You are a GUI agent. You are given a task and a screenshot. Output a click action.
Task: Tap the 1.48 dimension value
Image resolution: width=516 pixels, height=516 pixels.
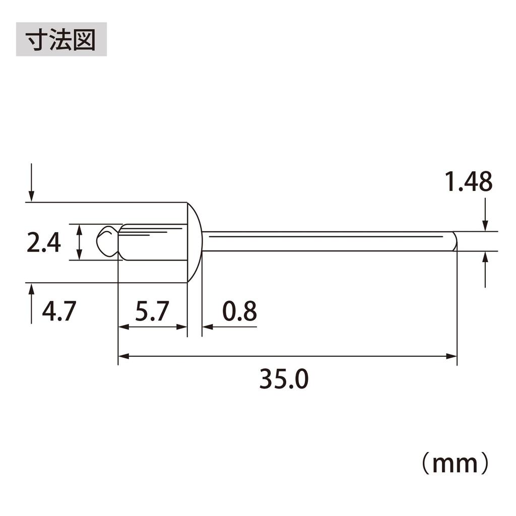[468, 182]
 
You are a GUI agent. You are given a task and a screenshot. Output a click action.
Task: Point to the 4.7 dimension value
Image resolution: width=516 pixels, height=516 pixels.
[58, 311]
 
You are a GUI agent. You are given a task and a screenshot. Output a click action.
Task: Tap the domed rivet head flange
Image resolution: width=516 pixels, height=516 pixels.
[195, 242]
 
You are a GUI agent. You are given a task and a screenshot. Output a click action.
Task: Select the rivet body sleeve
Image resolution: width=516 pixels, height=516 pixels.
[154, 242]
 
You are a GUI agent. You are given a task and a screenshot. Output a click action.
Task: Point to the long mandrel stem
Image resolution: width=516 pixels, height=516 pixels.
[328, 241]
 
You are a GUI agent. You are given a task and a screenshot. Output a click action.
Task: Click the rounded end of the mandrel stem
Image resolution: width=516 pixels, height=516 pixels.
[454, 241]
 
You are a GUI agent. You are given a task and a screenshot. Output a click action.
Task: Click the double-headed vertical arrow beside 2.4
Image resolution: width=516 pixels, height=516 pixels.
[80, 242]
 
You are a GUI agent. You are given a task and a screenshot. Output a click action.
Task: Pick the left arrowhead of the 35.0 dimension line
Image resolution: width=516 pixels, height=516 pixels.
[122, 356]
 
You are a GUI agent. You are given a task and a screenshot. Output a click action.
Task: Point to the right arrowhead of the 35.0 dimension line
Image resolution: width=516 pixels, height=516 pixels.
[453, 356]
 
